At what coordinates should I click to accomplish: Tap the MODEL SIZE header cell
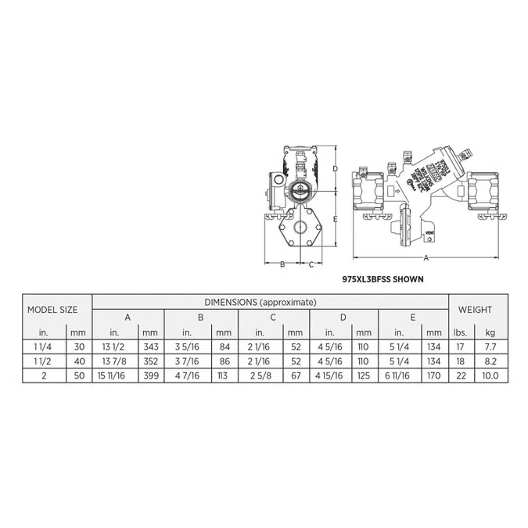pyautogui.click(x=52, y=310)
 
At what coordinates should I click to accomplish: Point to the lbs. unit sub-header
pyautogui.click(x=460, y=332)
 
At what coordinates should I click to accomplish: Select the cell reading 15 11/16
pyautogui.click(x=116, y=377)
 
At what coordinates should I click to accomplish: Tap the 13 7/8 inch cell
pyautogui.click(x=116, y=362)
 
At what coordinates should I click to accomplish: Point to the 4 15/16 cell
pyautogui.click(x=330, y=377)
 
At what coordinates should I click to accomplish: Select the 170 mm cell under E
pyautogui.click(x=435, y=377)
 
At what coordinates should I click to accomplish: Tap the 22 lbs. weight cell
pyautogui.click(x=460, y=377)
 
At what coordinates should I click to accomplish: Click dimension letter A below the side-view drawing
pyautogui.click(x=426, y=257)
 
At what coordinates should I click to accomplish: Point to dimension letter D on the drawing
pyautogui.click(x=335, y=168)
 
